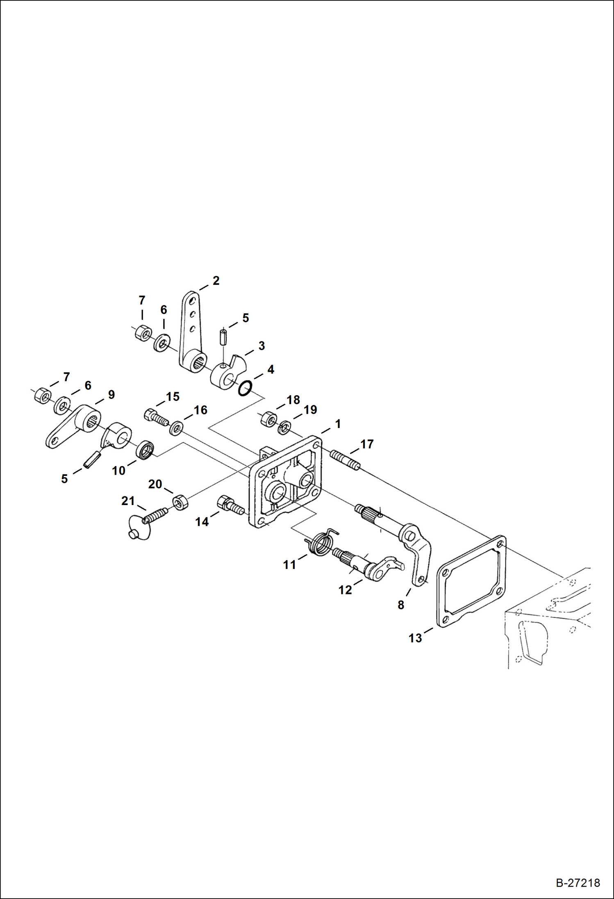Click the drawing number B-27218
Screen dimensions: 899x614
(x=578, y=882)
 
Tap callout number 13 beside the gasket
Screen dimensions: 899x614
(x=415, y=638)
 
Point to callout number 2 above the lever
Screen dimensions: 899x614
(x=216, y=281)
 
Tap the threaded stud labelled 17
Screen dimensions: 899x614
(x=345, y=460)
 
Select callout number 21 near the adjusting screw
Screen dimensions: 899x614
(x=128, y=501)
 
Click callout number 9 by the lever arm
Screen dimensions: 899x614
(x=111, y=395)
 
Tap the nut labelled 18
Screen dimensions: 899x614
(x=268, y=419)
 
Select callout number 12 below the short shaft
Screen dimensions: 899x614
(x=345, y=590)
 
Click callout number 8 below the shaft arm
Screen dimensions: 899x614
(x=400, y=605)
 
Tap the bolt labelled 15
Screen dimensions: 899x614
(x=156, y=418)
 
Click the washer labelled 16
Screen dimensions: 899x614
(x=176, y=428)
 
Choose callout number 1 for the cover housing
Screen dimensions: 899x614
(x=338, y=424)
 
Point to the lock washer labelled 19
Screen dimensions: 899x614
(x=284, y=428)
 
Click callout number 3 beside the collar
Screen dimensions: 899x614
(x=262, y=346)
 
